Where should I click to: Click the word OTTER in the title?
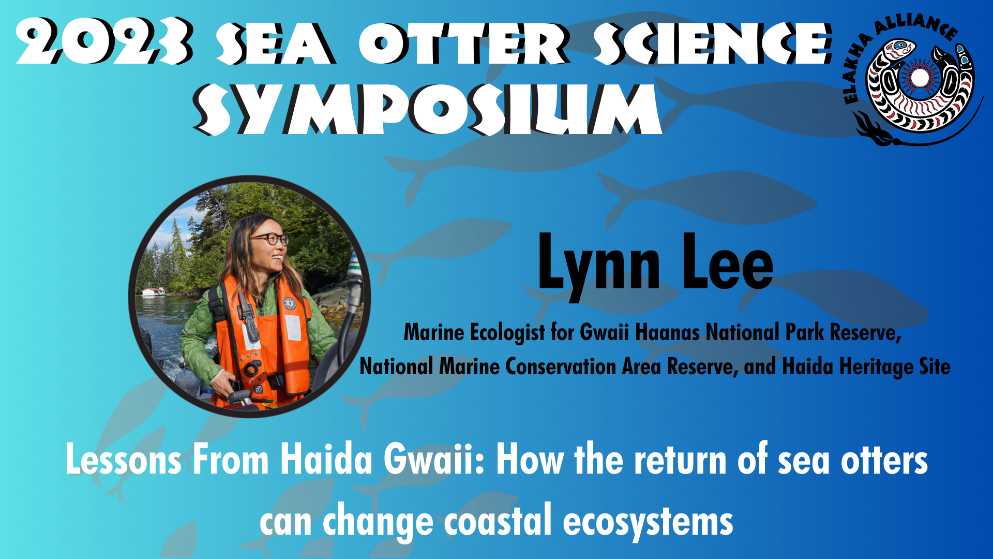[464, 43]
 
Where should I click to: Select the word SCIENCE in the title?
[713, 43]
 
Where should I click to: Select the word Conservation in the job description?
[560, 366]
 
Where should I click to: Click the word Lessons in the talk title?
[124, 460]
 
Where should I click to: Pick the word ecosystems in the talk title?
[648, 522]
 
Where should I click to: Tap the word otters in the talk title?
[884, 460]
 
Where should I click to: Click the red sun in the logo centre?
[919, 78]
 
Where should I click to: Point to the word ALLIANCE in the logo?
[915, 26]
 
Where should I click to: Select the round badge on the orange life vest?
[289, 303]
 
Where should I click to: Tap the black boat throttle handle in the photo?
[239, 398]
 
